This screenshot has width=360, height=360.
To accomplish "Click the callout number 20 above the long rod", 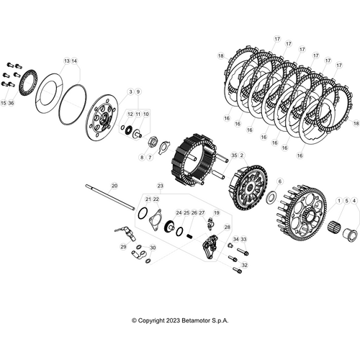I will click(114, 186).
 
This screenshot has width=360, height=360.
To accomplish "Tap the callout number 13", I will click(67, 61).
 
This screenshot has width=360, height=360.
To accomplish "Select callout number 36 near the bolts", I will click(12, 103).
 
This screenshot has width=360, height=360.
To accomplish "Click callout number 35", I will click(233, 155).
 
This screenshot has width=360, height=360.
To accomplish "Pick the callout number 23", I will click(161, 186).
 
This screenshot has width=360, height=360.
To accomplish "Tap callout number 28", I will click(227, 227).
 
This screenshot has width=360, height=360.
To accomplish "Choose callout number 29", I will click(123, 247).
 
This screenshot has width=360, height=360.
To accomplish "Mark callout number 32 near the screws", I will click(244, 265).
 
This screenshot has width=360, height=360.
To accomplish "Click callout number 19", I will click(217, 213).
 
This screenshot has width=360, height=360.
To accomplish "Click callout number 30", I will click(152, 247).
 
